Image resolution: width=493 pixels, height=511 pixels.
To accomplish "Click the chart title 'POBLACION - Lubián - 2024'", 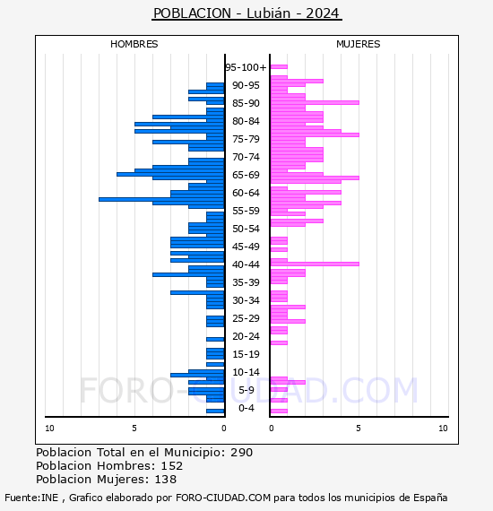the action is click(x=246, y=13).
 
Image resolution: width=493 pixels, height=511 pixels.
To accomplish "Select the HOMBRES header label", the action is click(x=134, y=44).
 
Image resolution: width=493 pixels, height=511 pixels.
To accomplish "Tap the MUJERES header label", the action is click(x=359, y=44).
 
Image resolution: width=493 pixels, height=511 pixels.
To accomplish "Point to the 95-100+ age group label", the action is click(x=246, y=67).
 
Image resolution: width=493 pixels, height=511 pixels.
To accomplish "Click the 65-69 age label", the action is click(x=246, y=175).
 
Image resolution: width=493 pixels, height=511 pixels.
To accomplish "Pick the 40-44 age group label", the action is click(x=246, y=264).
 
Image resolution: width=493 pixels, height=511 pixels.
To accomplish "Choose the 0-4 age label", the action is click(x=246, y=408).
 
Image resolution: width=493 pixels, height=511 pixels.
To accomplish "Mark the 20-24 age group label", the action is click(x=246, y=336).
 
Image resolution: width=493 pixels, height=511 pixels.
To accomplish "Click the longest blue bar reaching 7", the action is click(x=161, y=199).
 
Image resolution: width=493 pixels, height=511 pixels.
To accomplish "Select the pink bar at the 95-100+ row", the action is click(x=279, y=67).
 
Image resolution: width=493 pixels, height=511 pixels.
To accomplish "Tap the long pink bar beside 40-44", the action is click(x=315, y=264).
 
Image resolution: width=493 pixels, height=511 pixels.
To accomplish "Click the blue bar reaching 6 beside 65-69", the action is click(x=170, y=174).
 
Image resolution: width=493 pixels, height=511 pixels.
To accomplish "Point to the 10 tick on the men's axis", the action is click(x=49, y=428).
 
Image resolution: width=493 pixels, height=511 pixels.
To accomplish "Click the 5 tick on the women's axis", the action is click(x=359, y=428).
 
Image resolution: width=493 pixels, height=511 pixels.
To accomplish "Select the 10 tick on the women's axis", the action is click(x=443, y=428).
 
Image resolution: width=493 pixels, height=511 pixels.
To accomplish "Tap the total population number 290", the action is click(x=241, y=453).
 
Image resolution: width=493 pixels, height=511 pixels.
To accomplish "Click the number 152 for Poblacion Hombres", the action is click(x=172, y=465).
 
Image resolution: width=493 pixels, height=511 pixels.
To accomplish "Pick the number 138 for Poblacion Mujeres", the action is click(x=166, y=479).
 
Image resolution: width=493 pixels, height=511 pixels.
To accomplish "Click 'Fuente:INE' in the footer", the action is click(x=31, y=498).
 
